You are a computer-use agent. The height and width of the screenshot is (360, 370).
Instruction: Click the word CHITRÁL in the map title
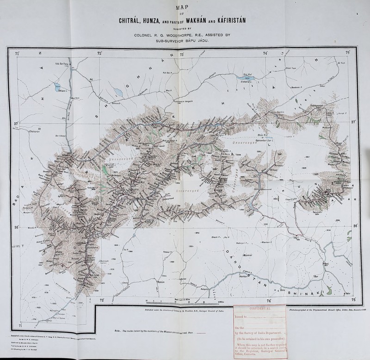coord(132,21)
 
